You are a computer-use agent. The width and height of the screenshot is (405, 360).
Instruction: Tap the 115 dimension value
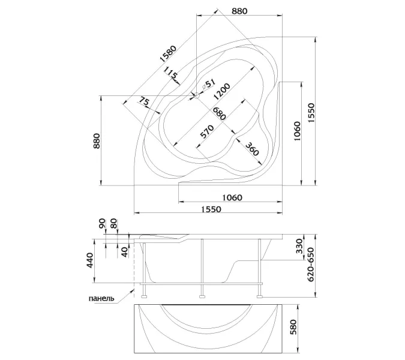(x=172, y=76)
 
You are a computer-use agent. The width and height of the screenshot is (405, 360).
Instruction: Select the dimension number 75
(x=144, y=102)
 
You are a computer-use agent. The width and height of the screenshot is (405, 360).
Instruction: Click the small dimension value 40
(x=124, y=250)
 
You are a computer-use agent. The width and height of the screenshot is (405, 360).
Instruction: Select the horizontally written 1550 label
(x=211, y=209)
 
